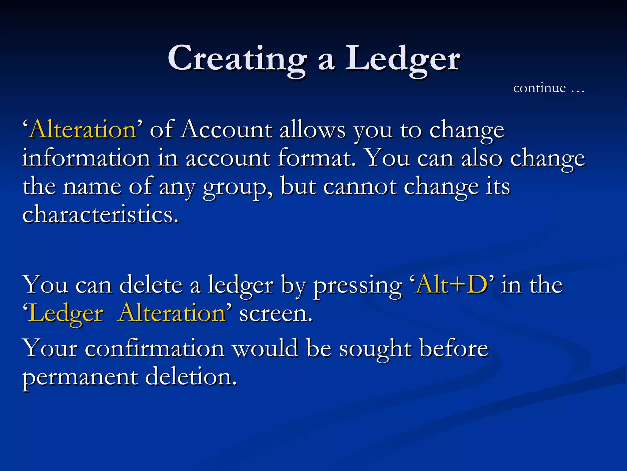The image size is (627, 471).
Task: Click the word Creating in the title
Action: click(x=237, y=58)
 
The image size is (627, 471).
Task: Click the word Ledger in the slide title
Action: click(x=402, y=58)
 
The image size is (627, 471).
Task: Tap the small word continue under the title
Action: click(x=539, y=88)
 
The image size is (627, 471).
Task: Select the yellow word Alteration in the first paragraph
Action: click(x=83, y=129)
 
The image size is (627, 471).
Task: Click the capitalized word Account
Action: click(x=226, y=129)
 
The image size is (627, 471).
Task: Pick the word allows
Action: click(x=313, y=129)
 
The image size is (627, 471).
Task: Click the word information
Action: click(x=86, y=158)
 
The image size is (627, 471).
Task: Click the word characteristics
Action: click(x=100, y=214)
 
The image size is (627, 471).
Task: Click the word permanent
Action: click(x=80, y=377)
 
